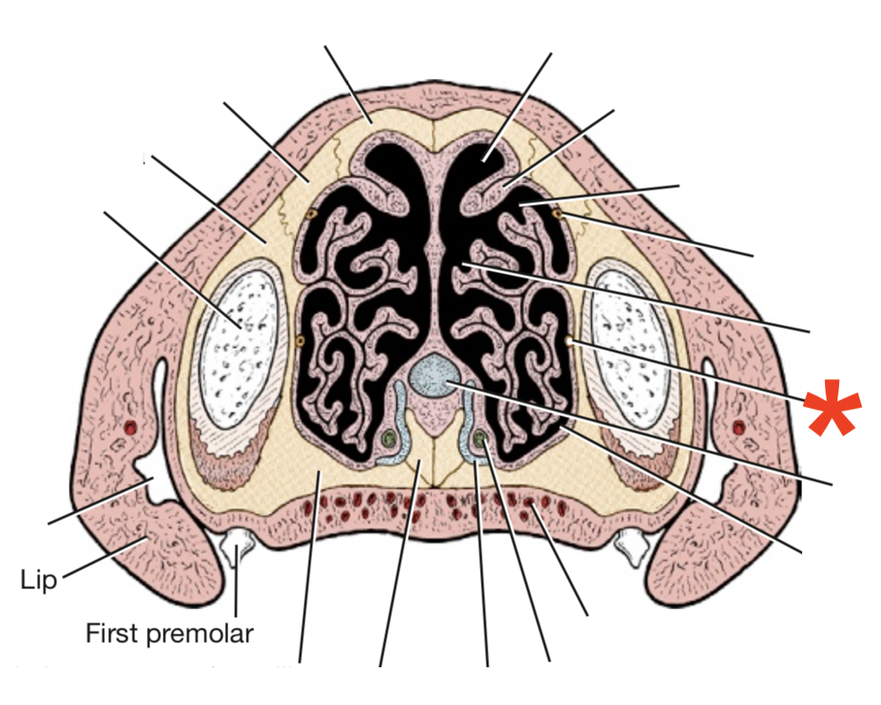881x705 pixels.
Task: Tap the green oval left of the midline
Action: [388, 438]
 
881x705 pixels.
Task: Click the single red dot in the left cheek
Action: [131, 428]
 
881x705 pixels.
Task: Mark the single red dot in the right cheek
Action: [738, 428]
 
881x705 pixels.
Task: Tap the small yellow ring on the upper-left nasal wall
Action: [311, 214]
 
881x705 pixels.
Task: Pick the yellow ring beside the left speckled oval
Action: [300, 340]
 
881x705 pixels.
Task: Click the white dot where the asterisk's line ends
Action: [570, 342]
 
